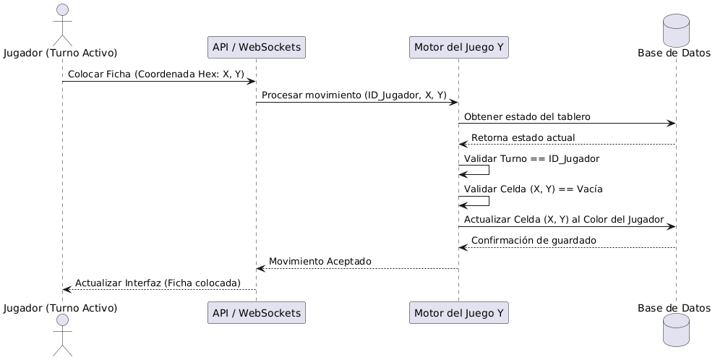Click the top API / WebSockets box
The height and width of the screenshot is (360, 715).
pos(256,48)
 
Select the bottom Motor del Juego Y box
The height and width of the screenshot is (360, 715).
pos(458,313)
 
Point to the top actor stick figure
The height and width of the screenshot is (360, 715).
pos(62,22)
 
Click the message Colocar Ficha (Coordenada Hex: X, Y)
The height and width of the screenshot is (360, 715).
pos(155,74)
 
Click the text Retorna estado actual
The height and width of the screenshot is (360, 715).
pos(523,137)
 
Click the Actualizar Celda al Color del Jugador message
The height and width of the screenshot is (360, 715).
pos(564,219)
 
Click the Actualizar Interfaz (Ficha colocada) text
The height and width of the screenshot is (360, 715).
pos(158,282)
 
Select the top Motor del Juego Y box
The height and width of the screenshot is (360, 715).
pos(458,48)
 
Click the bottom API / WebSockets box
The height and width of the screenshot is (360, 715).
pos(256,313)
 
